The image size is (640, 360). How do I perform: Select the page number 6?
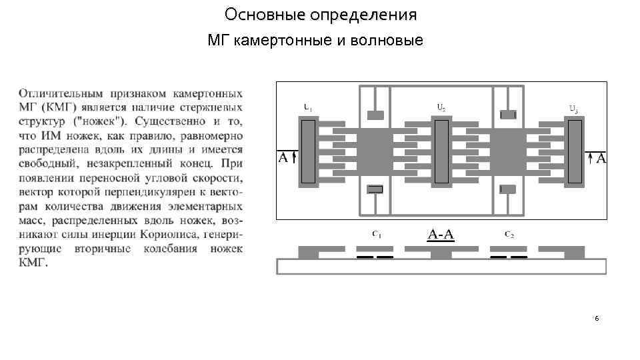click(597, 319)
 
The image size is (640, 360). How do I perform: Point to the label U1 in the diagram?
click(307, 106)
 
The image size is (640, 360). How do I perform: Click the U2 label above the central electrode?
click(441, 106)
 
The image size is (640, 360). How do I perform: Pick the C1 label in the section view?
click(376, 234)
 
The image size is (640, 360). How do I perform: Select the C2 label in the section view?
click(509, 234)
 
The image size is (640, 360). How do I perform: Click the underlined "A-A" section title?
click(441, 235)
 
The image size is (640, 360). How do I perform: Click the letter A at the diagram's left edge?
click(283, 158)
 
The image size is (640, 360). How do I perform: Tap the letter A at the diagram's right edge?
click(601, 158)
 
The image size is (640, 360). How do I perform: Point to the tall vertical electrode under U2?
click(441, 151)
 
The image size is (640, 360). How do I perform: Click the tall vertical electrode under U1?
click(307, 151)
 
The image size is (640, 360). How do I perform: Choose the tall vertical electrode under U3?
click(574, 151)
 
